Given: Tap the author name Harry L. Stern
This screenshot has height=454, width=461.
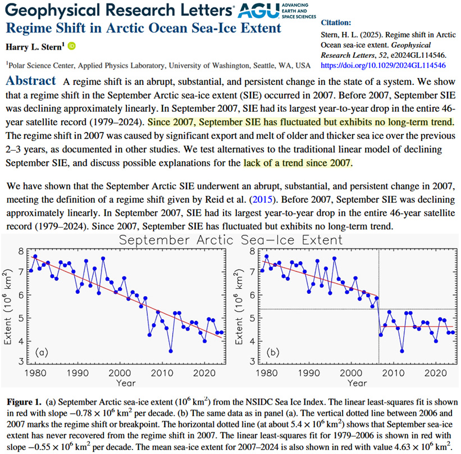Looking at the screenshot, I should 35,46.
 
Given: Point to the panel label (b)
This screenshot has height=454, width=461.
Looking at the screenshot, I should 272,352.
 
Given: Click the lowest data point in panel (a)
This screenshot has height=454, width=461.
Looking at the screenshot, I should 170,351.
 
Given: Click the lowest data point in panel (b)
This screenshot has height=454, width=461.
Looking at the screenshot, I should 401,351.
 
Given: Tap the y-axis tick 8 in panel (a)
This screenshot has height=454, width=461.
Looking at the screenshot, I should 21,251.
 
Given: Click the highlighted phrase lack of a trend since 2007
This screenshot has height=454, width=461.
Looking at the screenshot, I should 298,164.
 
